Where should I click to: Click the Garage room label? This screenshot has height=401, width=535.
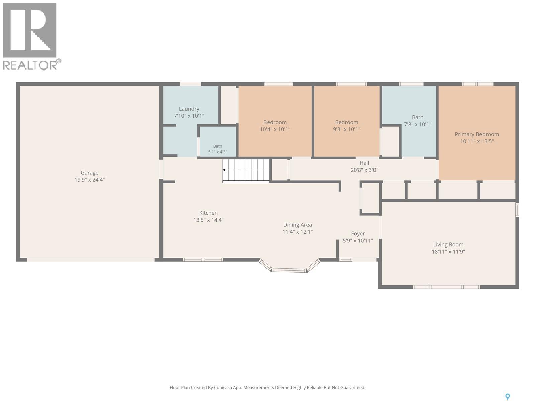90,176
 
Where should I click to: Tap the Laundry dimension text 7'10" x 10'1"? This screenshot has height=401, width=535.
189,116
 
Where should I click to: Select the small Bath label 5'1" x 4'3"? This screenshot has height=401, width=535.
217,149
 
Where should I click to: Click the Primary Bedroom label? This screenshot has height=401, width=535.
477,138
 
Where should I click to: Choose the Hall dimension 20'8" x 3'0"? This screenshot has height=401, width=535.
364,170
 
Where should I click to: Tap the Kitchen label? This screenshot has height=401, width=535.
208,216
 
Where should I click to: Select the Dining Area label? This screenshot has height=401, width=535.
297,228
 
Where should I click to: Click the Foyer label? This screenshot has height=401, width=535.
358,237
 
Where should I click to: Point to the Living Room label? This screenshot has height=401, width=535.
448,248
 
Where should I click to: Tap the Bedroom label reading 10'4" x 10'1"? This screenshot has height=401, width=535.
275,126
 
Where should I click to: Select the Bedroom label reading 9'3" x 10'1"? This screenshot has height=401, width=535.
347,126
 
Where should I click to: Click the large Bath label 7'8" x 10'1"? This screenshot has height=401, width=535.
418,121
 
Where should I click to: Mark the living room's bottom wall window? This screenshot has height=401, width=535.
446,287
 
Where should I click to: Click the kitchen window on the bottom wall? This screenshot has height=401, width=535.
203,260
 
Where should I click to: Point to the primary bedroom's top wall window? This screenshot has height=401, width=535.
477,84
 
